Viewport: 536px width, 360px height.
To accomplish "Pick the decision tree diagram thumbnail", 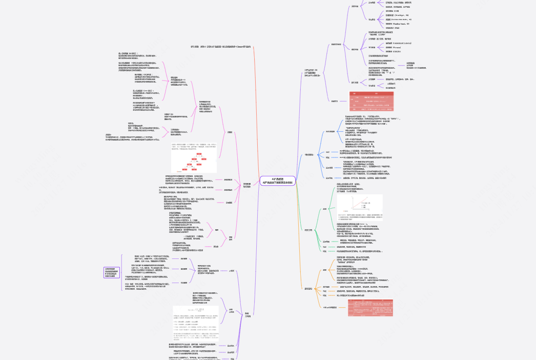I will tap(194, 165).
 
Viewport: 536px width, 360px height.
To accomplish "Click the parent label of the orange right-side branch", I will tap(312, 289).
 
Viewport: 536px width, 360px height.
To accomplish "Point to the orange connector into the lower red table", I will tap(342, 307).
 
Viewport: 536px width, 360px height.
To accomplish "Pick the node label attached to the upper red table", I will tap(335, 101).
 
